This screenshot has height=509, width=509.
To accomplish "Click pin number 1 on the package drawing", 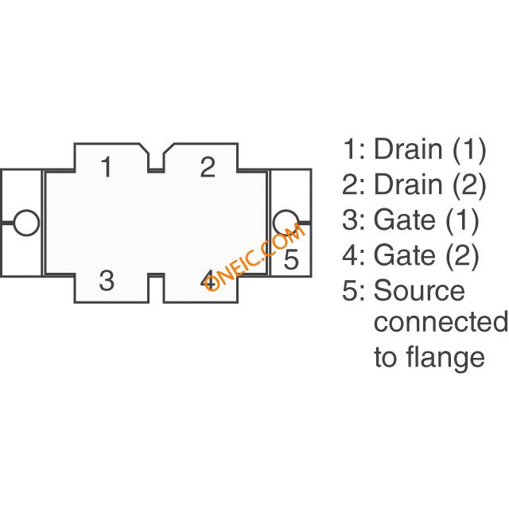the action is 107,166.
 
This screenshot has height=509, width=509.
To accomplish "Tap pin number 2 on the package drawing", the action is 208,166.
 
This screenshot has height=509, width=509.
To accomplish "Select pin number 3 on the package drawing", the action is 107,280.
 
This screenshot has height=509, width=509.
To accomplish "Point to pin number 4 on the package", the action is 208,280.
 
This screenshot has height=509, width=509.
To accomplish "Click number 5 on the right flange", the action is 291,259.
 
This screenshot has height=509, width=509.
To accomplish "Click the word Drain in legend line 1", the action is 408,149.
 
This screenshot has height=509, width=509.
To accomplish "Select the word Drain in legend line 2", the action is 408,184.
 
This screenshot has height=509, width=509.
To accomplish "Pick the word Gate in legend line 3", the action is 405,220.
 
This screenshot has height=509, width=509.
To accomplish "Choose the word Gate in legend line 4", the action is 405,254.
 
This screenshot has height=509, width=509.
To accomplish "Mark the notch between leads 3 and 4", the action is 157,288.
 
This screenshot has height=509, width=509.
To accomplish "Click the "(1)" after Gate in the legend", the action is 462,220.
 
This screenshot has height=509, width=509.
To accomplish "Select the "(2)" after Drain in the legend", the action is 469,185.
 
